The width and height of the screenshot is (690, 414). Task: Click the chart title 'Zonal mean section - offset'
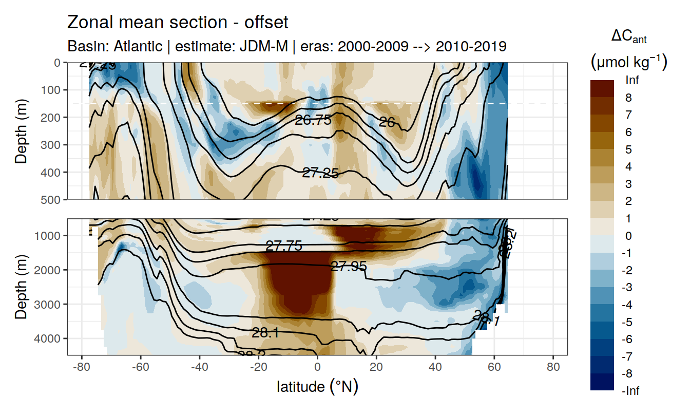(x=178, y=23)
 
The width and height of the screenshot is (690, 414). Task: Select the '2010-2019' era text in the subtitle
(x=471, y=47)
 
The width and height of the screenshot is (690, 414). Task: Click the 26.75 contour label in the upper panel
(x=313, y=120)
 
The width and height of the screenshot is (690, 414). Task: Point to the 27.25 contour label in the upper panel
(x=320, y=173)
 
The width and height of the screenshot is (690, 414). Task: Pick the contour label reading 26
(x=386, y=122)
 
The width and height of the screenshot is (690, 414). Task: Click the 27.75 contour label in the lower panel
(x=284, y=247)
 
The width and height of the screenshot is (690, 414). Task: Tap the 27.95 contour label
(x=349, y=267)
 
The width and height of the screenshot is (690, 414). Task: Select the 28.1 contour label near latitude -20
(x=265, y=333)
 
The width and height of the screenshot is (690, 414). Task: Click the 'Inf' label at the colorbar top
(x=632, y=80)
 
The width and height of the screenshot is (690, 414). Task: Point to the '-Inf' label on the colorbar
(x=630, y=391)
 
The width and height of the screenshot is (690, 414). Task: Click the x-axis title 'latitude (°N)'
(x=317, y=386)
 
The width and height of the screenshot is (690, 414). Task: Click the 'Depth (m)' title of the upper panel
(x=21, y=131)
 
